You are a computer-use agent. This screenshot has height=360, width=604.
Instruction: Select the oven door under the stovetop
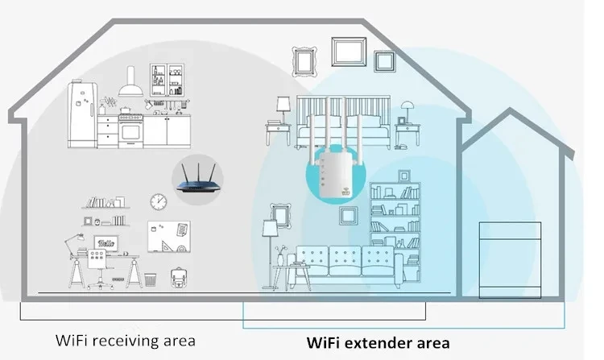pyautogui.click(x=130, y=130)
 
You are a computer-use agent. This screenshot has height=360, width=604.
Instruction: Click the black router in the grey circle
pyautogui.click(x=197, y=177)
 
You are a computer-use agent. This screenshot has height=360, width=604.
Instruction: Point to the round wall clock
pyautogui.click(x=158, y=199)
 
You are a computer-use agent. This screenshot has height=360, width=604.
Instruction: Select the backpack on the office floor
pyautogui.click(x=177, y=278)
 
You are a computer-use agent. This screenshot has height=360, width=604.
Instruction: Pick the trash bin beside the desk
pyautogui.click(x=150, y=279)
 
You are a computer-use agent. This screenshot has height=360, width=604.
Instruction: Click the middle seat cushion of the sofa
pyautogui.click(x=345, y=259)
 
